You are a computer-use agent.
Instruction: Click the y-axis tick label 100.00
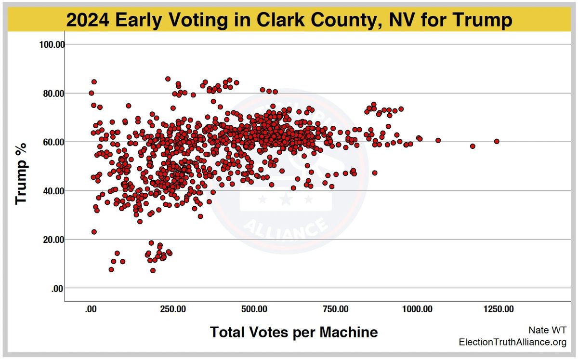pyautogui.click(x=52, y=45)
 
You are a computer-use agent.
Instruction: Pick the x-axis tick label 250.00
pyautogui.click(x=172, y=309)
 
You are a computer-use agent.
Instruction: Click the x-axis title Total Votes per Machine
pyautogui.click(x=293, y=332)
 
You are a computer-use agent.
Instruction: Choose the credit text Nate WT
pyautogui.click(x=547, y=330)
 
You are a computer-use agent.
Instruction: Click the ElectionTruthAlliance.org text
pyautogui.click(x=512, y=342)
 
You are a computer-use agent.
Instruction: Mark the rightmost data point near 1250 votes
pyautogui.click(x=497, y=141)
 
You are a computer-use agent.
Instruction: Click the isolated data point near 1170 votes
pyautogui.click(x=473, y=146)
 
